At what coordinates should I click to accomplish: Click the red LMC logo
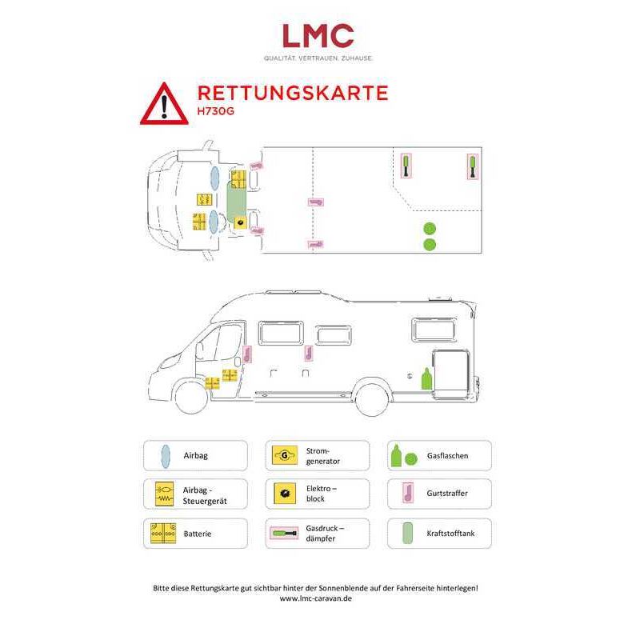(318, 35)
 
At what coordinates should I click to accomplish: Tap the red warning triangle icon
(164, 104)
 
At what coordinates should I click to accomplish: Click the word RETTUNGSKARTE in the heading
(293, 93)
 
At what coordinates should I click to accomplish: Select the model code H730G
(215, 111)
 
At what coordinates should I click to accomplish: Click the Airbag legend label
(195, 455)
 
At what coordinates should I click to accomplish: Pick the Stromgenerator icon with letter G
(285, 455)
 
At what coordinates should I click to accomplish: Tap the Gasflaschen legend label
(447, 455)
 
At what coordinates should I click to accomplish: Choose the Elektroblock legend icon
(285, 494)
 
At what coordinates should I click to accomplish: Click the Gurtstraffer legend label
(447, 493)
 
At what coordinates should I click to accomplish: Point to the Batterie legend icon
(163, 533)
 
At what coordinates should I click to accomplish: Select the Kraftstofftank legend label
(450, 533)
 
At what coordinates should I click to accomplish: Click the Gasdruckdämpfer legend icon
(284, 533)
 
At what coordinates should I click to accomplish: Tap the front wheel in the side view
(191, 398)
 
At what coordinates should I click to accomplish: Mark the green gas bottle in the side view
(426, 379)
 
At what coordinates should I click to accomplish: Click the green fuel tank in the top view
(237, 202)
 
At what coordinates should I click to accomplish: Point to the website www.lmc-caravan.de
(315, 598)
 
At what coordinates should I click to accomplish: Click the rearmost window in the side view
(434, 330)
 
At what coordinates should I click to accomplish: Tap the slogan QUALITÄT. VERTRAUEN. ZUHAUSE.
(318, 58)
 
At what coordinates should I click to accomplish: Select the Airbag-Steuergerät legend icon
(165, 494)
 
